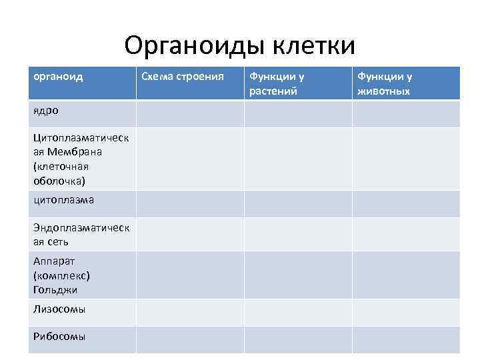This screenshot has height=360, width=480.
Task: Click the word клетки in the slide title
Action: click(x=315, y=45)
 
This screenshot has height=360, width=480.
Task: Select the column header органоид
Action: click(x=59, y=77)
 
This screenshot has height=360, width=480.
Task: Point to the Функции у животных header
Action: click(x=385, y=83)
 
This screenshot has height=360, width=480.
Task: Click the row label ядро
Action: click(x=46, y=110)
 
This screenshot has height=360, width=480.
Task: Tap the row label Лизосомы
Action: click(x=59, y=309)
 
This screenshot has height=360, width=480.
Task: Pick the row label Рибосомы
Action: click(x=59, y=336)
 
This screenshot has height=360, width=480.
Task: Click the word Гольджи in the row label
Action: click(x=55, y=290)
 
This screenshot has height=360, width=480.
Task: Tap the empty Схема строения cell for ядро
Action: click(x=190, y=113)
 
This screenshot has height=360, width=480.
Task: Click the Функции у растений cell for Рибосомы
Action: click(x=298, y=339)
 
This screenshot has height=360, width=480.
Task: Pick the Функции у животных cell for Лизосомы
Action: click(x=405, y=312)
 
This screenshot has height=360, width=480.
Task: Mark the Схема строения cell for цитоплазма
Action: click(x=190, y=204)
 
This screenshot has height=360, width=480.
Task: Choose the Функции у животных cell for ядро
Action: click(x=405, y=113)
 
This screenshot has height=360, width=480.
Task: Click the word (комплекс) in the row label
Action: click(x=61, y=276)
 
